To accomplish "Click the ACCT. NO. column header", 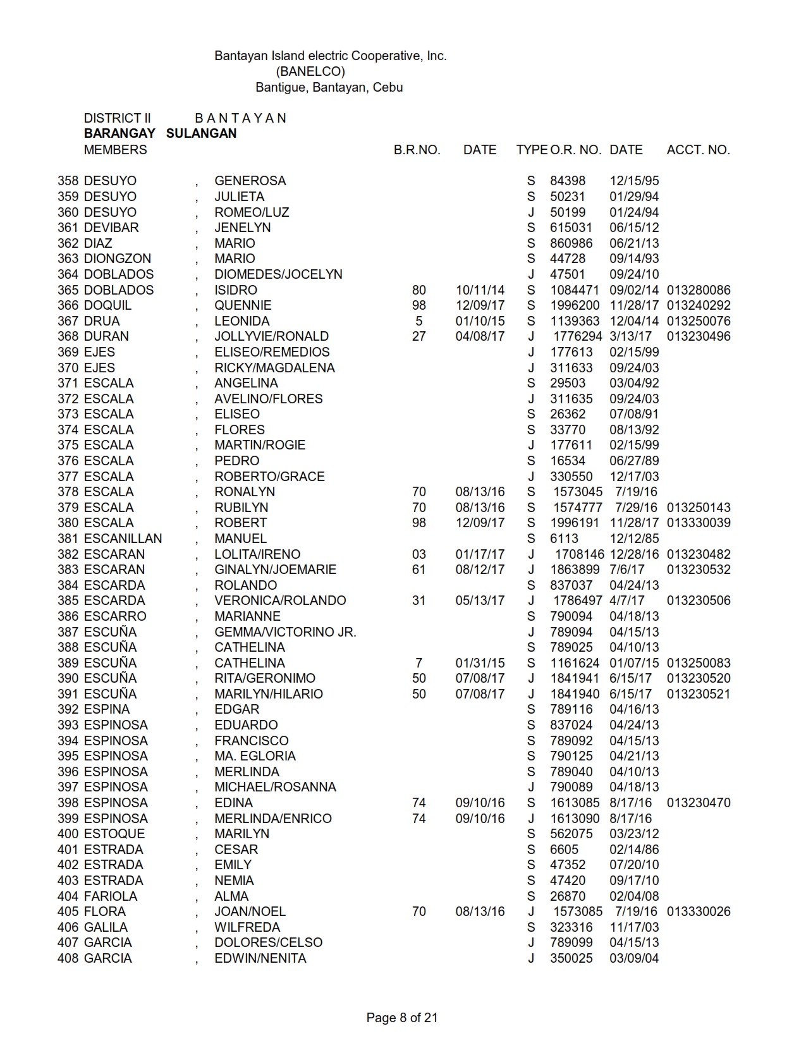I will point(698,150).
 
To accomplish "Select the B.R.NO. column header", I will point(417,150).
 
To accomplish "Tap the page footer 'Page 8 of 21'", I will point(402,1018).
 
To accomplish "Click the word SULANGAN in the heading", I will point(201,133).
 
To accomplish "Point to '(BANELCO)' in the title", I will point(310,71).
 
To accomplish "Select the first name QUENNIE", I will point(243,305).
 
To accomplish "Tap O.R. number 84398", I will point(568,181).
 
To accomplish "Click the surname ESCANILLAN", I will point(123,539).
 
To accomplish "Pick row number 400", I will point(68,834).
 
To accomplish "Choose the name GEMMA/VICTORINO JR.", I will point(285,632).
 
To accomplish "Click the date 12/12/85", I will point(634,539).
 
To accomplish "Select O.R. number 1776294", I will point(577,336).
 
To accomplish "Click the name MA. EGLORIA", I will point(255,756).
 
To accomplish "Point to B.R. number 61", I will point(418,570).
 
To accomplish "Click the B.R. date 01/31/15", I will point(480,663).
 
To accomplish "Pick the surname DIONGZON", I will point(118,259).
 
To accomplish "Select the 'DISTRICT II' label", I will point(117,118).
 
